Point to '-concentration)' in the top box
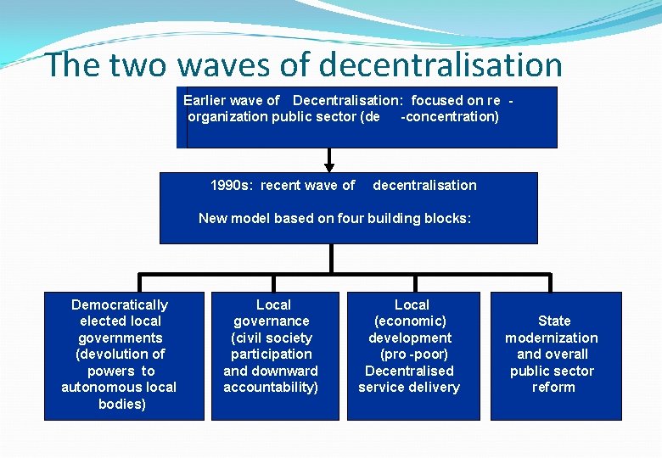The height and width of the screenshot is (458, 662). tap(449, 116)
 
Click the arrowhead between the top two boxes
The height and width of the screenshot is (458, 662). tap(329, 166)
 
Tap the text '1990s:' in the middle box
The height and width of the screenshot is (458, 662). tap(232, 185)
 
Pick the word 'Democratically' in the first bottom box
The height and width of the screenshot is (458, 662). tap(120, 304)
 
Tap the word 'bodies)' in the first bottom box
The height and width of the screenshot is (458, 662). tap(121, 404)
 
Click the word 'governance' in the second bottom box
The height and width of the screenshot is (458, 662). tap(272, 321)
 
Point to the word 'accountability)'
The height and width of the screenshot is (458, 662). tap(271, 387)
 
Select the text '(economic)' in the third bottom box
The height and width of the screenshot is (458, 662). tap(411, 321)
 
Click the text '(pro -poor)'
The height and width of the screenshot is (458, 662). tap(413, 354)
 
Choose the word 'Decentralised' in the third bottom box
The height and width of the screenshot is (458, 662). tap(409, 371)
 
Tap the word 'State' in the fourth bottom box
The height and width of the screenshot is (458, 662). tap(554, 321)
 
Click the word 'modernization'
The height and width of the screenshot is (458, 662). tap(552, 338)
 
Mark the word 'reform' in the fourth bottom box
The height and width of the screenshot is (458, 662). tap(553, 387)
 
